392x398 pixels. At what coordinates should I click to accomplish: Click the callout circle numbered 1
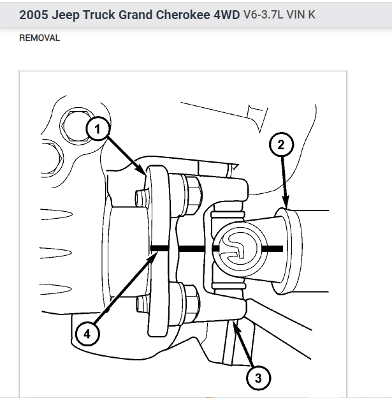(x=98, y=130)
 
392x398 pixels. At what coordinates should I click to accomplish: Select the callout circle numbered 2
(x=280, y=145)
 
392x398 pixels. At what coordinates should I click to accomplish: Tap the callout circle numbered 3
(x=258, y=378)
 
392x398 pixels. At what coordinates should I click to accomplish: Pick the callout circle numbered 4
(x=87, y=332)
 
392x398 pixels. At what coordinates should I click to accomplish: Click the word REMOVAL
(x=40, y=38)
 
